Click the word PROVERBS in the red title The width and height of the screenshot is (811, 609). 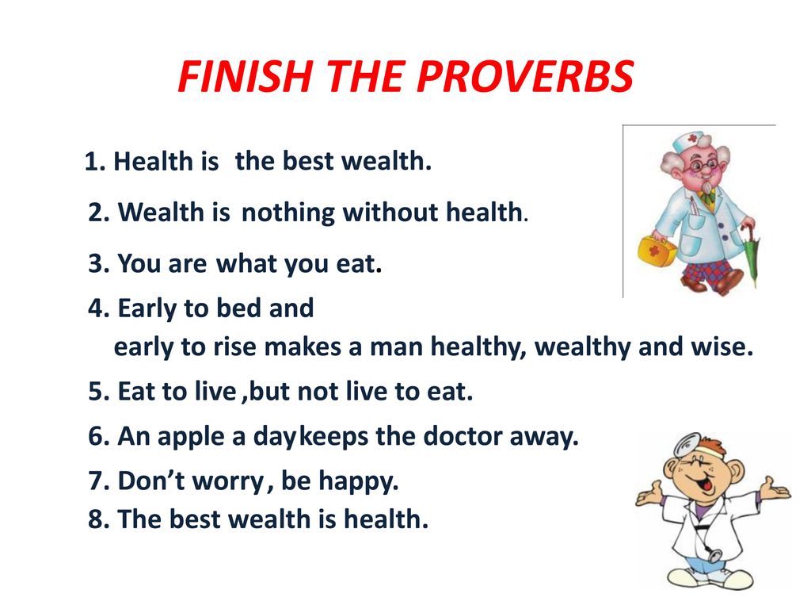pos(525,76)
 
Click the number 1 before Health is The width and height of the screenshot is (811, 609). pos(92,162)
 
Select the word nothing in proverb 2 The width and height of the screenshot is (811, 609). pos(288,213)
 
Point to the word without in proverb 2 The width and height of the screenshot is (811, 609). pos(390,213)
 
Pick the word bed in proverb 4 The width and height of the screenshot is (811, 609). pos(238,308)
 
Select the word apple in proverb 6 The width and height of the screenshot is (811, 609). pos(191,437)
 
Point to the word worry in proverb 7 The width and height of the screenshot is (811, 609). pos(228,481)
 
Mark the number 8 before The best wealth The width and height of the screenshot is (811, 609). pos(96,519)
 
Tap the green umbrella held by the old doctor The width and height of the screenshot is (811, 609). pos(751,254)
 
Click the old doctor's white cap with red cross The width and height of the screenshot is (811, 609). pos(688,141)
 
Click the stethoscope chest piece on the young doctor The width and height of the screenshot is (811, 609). pos(715,555)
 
